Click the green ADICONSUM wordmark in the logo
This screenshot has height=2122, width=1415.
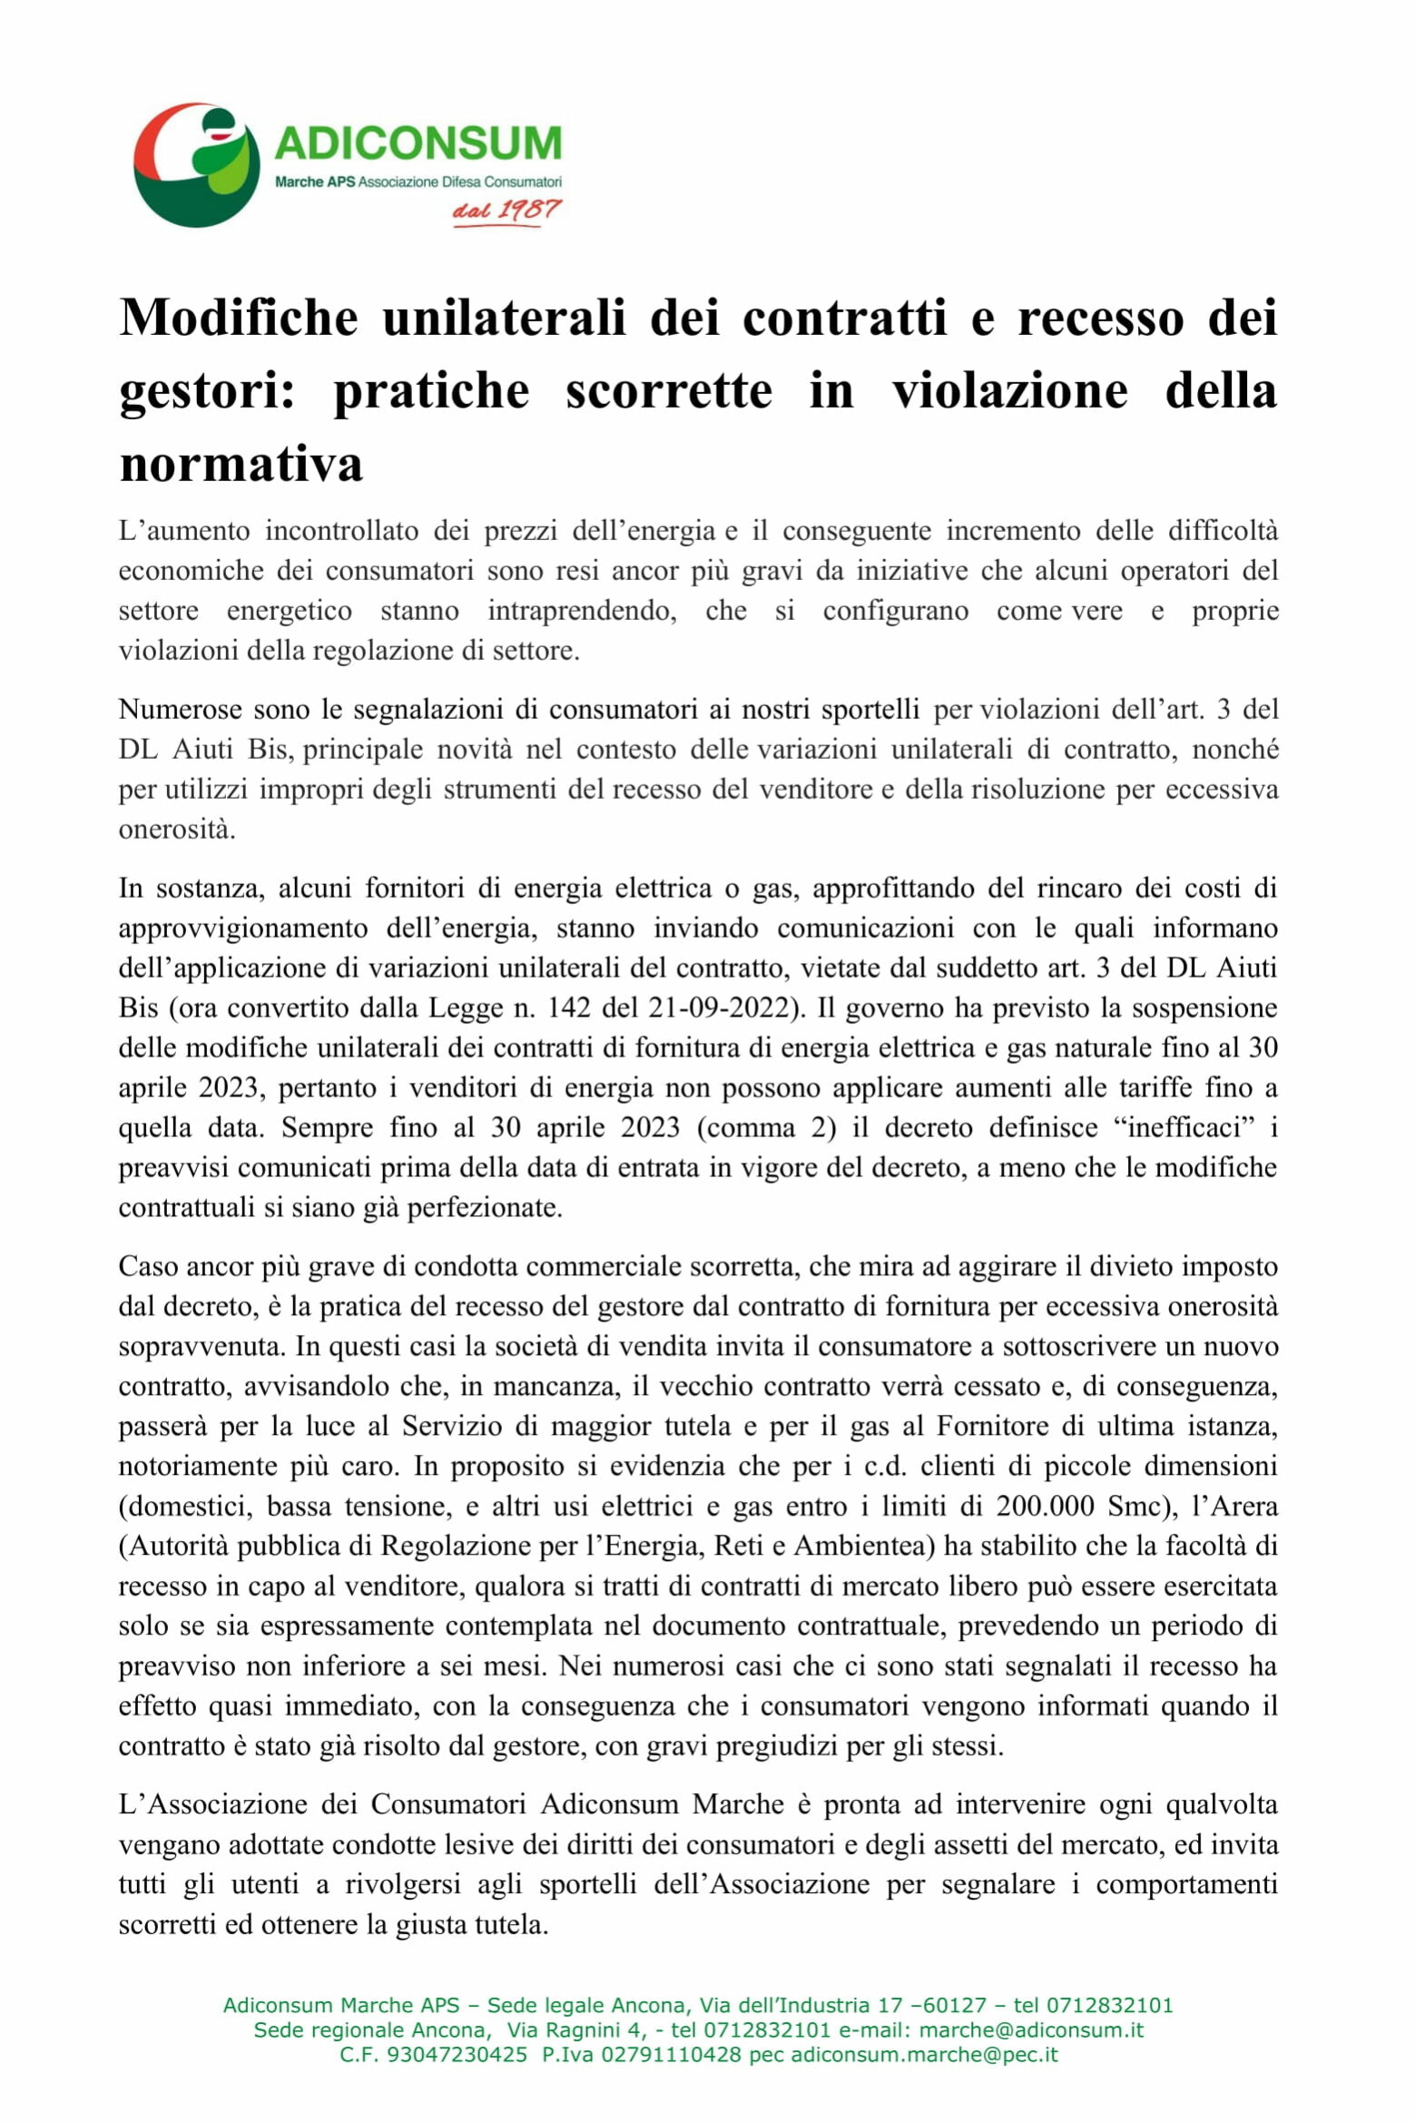[x=418, y=142]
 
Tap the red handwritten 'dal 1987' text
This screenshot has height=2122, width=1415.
[x=506, y=211]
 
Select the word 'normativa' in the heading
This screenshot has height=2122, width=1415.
[x=241, y=463]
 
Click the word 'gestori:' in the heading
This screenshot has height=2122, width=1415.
[x=207, y=390]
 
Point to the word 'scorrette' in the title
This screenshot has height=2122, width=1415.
[x=668, y=390]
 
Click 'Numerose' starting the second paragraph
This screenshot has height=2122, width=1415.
[x=180, y=709]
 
